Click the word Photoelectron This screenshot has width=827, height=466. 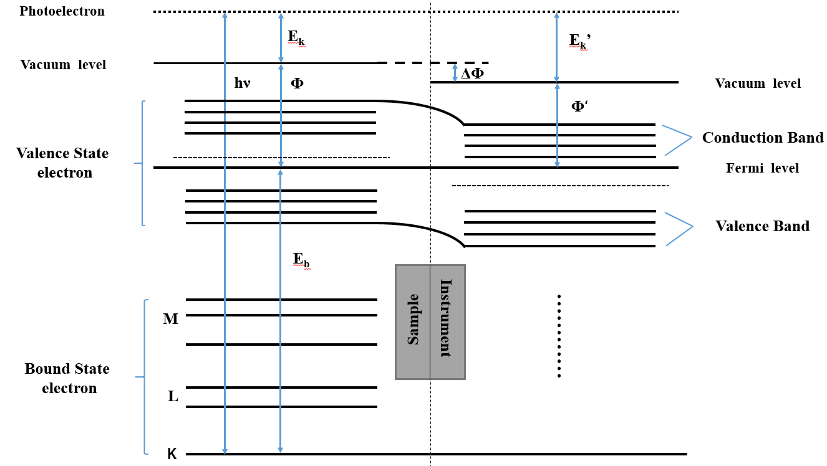point(62,11)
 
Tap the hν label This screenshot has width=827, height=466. point(242,82)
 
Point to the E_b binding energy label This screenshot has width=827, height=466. point(301,259)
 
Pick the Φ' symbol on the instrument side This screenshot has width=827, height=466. point(580,105)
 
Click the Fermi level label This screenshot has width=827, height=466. point(762,168)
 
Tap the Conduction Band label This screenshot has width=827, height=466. point(762,138)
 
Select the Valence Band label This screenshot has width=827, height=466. point(762,226)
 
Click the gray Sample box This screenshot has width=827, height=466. point(413,321)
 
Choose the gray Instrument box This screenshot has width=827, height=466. point(447,321)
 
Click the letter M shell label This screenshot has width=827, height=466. point(170,320)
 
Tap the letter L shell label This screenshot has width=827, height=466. point(173,396)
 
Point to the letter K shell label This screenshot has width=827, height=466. point(172,454)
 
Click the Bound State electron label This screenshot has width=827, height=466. point(67,378)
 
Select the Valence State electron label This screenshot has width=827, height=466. point(63,163)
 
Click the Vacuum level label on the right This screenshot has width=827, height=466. point(758,83)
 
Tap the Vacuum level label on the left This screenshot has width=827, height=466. point(63,65)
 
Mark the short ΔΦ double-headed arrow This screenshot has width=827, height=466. point(455,73)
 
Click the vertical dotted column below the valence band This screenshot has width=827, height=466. point(559,335)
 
